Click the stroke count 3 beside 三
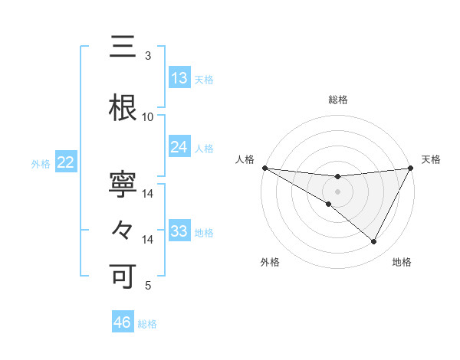pyautogui.click(x=147, y=56)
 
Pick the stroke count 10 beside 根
pyautogui.click(x=147, y=117)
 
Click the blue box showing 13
pyautogui.click(x=179, y=78)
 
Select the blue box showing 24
pyautogui.click(x=179, y=147)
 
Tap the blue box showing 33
pyautogui.click(x=179, y=231)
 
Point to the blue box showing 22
pyautogui.click(x=66, y=162)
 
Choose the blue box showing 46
pyautogui.click(x=123, y=322)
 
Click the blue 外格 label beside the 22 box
pyautogui.click(x=41, y=163)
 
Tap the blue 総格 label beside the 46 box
pyautogui.click(x=147, y=324)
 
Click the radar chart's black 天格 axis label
pyautogui.click(x=431, y=159)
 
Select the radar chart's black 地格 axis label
pyautogui.click(x=402, y=262)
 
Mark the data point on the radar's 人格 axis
pyautogui.click(x=264, y=168)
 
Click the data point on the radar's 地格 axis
pyautogui.click(x=374, y=242)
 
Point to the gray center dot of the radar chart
pyautogui.click(x=337, y=191)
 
